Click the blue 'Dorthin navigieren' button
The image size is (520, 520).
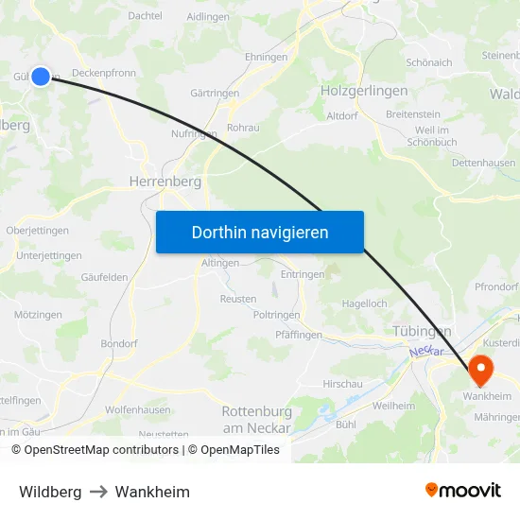(260, 232)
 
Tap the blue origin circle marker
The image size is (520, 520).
(41, 76)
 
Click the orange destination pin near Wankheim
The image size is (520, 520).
(479, 369)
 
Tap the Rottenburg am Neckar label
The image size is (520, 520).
(255, 419)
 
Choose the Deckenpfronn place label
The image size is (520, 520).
(104, 71)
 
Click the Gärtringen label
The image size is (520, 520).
(215, 93)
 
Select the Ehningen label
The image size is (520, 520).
(266, 57)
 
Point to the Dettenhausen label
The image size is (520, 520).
(483, 163)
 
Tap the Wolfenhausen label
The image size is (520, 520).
(138, 409)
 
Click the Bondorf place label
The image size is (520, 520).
(119, 343)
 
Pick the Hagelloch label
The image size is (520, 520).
(364, 303)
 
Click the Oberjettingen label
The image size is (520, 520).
(37, 230)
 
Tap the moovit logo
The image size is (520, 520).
(462, 491)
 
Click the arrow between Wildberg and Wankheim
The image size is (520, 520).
(98, 492)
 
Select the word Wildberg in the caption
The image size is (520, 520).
(50, 492)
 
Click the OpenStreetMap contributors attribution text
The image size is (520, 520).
(101, 450)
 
